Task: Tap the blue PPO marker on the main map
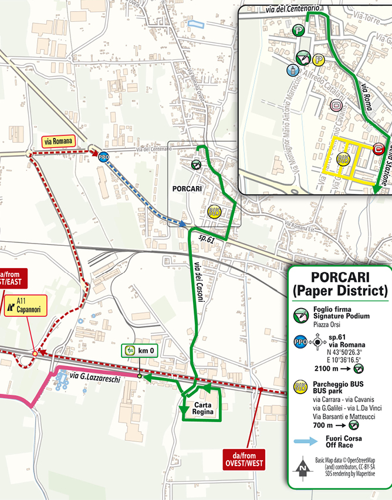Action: [x=103, y=157]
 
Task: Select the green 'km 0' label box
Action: [x=139, y=351]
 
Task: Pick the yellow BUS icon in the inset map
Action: [x=342, y=159]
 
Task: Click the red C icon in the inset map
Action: [x=379, y=149]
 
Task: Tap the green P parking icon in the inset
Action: [x=299, y=30]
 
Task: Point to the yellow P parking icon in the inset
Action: [x=319, y=59]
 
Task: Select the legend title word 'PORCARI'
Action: [x=340, y=276]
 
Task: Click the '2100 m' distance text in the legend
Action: [x=327, y=369]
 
